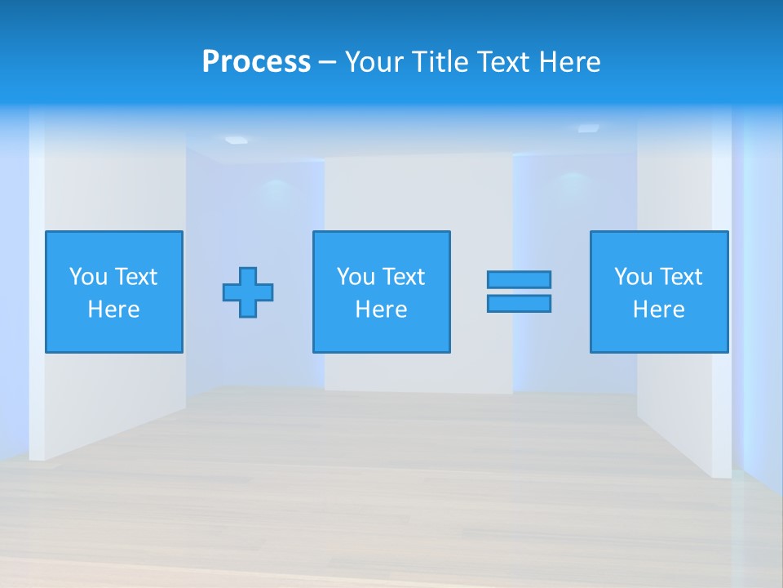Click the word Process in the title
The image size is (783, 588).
coord(256,62)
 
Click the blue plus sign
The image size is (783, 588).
coord(248,292)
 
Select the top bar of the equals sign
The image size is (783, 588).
coord(519,279)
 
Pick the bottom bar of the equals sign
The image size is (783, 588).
coord(519,303)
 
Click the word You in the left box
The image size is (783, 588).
coord(88,277)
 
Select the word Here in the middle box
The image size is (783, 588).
coord(381,310)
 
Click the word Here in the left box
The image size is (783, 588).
coord(113,310)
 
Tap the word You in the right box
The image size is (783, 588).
coord(633,277)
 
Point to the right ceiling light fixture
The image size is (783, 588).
coord(588,128)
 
